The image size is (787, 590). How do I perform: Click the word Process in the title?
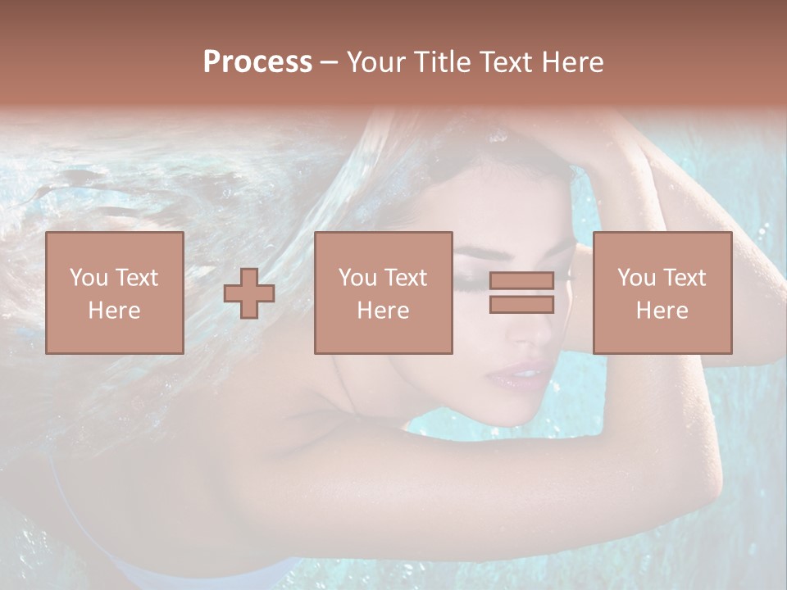[x=257, y=62]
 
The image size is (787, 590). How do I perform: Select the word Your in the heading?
[x=375, y=62]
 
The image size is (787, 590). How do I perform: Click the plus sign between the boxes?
[x=249, y=293]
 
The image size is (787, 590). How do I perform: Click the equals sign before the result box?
[x=521, y=293]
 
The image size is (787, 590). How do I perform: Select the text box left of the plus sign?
[x=114, y=293]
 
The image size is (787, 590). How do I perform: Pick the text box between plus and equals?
[x=383, y=293]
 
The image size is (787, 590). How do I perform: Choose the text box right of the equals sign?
[x=662, y=293]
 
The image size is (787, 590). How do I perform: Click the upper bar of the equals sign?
[x=521, y=281]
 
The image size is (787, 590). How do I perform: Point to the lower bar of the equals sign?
[x=521, y=304]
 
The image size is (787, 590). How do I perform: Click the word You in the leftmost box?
[x=88, y=278]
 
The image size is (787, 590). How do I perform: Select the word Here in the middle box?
[x=383, y=310]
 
